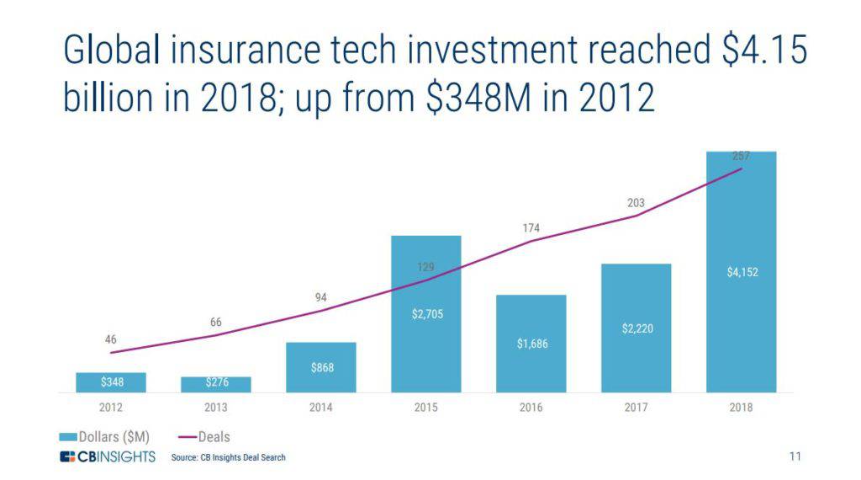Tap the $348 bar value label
(x=110, y=383)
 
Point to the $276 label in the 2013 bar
(x=216, y=384)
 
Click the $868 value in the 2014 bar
(x=320, y=368)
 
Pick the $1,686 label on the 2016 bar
(x=531, y=344)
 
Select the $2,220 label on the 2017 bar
(x=637, y=328)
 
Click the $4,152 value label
(x=742, y=272)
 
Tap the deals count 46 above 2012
(x=110, y=339)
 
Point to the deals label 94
(x=320, y=297)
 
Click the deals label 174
(x=531, y=228)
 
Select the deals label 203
(x=636, y=203)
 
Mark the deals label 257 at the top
(x=741, y=156)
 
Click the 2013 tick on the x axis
(x=215, y=408)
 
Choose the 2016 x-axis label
(x=531, y=408)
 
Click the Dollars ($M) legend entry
(x=104, y=437)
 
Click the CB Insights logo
(x=108, y=457)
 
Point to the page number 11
(x=795, y=457)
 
